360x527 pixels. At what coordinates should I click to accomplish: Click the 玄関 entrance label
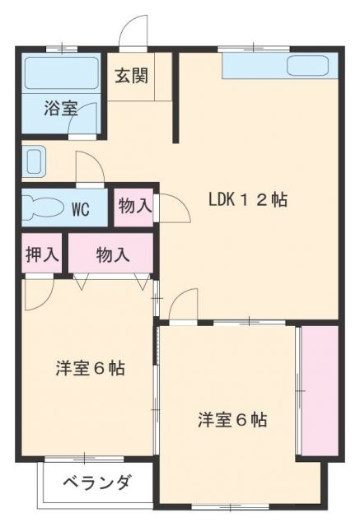pos(131,76)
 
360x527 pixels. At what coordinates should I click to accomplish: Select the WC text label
pos(80,208)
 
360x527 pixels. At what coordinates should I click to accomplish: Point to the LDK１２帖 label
pos(247,199)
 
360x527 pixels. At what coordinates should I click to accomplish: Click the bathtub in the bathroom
pos(61,74)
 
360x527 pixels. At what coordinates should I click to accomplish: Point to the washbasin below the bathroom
pos(34,161)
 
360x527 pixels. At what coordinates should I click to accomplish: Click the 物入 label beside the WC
pos(134,206)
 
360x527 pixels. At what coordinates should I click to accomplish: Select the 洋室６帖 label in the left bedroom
pos(90,368)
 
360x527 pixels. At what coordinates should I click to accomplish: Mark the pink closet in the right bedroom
pos(320,389)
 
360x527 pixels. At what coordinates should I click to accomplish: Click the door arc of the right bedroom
pos(183,304)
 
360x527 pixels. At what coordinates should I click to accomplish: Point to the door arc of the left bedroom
pos(40,295)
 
